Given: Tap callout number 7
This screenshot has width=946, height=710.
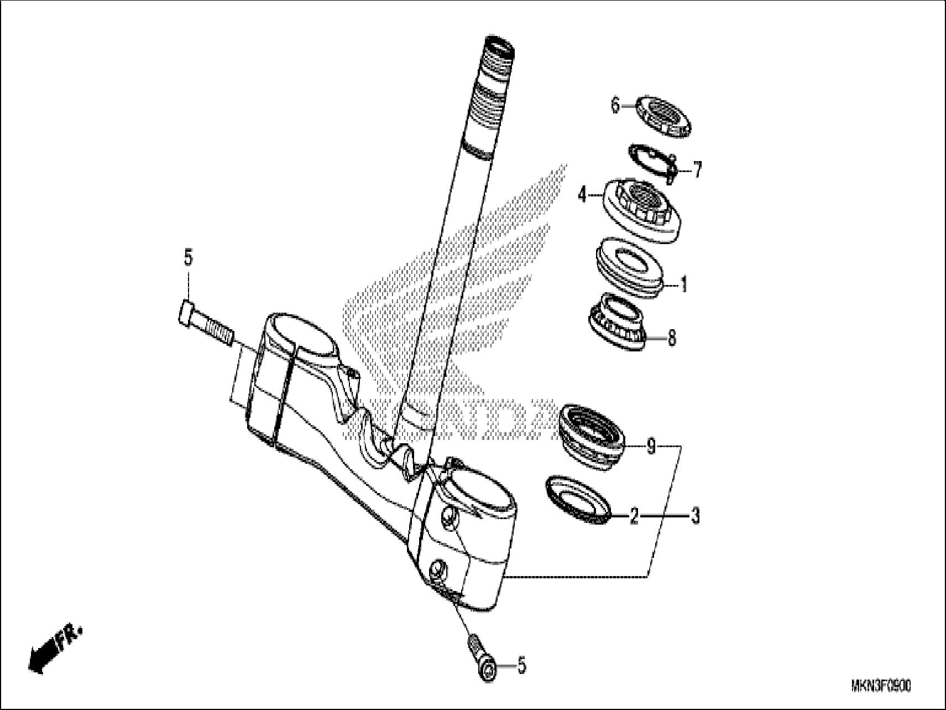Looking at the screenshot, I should tap(698, 169).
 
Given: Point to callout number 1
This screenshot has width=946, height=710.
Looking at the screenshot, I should tap(684, 285).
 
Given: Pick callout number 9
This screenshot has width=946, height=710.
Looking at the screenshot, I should tap(651, 445).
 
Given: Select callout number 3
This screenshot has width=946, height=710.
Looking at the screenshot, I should tap(696, 516).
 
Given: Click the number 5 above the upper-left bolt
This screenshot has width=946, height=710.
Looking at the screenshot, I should tap(188, 258).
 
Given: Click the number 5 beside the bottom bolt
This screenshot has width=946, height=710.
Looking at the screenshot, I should tap(521, 666).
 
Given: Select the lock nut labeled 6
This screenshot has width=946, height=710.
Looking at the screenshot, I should tap(663, 116).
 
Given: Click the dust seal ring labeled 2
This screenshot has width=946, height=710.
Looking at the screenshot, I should tap(578, 498).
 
